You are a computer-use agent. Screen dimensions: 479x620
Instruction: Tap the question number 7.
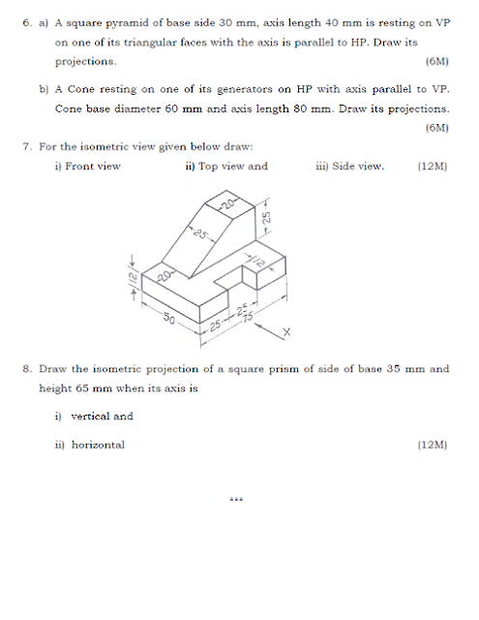tap(26, 147)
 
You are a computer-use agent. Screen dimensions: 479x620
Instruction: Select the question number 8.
tap(26, 369)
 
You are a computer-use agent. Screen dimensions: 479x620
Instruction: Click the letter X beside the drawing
tap(286, 332)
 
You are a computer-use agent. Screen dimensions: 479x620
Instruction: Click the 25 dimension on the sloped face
tap(199, 234)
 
